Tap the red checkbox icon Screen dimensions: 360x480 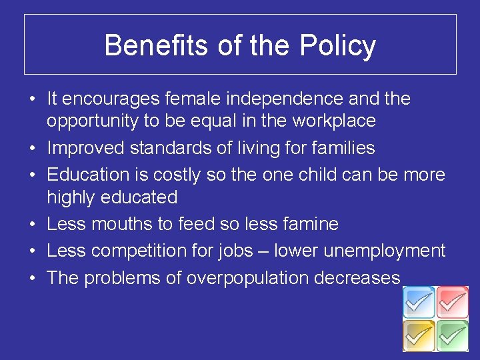[x=453, y=303]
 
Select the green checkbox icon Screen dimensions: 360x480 [x=453, y=335]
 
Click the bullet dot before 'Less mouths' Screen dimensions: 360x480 [x=32, y=225]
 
